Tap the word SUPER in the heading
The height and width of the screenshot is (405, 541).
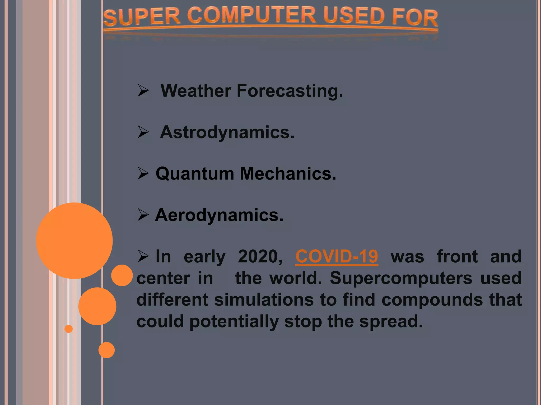point(142,17)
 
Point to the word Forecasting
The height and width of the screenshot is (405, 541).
point(290,91)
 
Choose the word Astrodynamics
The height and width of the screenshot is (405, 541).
point(227,132)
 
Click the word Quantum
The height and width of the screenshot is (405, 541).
point(195,174)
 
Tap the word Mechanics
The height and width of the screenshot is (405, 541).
point(288,174)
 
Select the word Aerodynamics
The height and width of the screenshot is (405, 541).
point(219,215)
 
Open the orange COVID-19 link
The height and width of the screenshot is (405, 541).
point(337,256)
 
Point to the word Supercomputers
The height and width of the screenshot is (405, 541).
point(401,278)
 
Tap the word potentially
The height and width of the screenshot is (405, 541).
point(234,322)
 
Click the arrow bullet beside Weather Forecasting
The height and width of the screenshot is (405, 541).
point(143,91)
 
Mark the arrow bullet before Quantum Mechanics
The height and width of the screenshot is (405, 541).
point(143,174)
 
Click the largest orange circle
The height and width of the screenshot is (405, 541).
point(74,240)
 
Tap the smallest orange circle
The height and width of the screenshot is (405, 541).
point(69,329)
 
